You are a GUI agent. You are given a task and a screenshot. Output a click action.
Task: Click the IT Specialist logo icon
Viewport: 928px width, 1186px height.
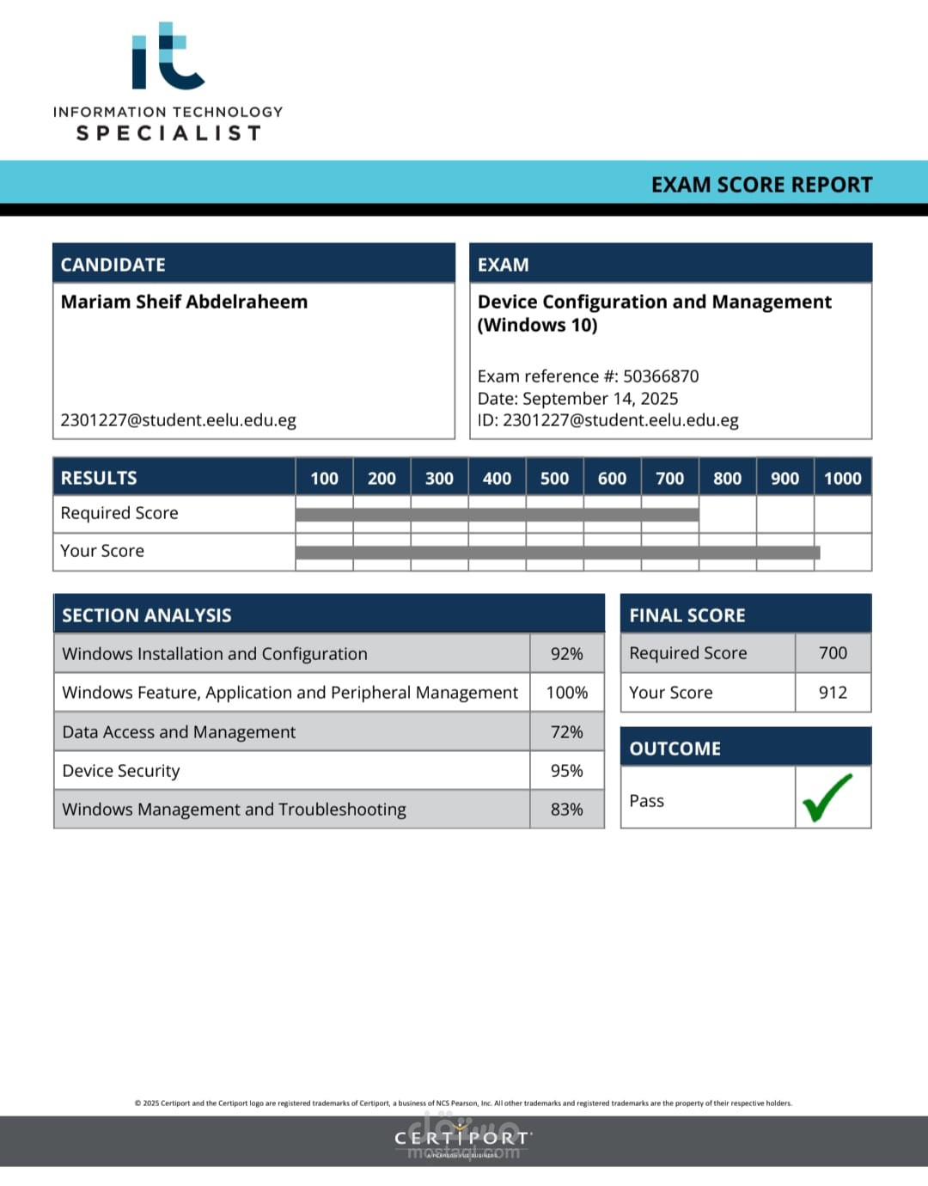pyautogui.click(x=168, y=57)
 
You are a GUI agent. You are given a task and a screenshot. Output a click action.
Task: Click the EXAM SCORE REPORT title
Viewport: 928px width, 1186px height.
pyautogui.click(x=761, y=185)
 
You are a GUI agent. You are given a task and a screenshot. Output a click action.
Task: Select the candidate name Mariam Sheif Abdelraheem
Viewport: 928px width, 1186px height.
pyautogui.click(x=184, y=302)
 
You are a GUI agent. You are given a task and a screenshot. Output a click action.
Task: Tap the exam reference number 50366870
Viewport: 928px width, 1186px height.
pyautogui.click(x=661, y=376)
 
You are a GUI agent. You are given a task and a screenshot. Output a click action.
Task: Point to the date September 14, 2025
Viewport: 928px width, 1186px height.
pyautogui.click(x=600, y=399)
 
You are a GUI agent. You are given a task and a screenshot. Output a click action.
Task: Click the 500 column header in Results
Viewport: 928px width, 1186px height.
pyautogui.click(x=554, y=479)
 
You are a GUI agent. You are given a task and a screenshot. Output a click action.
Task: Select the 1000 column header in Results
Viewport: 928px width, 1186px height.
pyautogui.click(x=842, y=479)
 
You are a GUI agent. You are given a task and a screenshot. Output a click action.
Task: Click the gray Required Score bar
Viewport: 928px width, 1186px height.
pyautogui.click(x=497, y=515)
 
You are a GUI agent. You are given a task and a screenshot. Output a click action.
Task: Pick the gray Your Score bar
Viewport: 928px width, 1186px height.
pyautogui.click(x=557, y=553)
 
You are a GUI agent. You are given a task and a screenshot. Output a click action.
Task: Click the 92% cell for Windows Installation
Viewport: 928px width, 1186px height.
pyautogui.click(x=566, y=654)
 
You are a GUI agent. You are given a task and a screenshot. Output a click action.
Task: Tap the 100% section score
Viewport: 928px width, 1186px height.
pyautogui.click(x=566, y=693)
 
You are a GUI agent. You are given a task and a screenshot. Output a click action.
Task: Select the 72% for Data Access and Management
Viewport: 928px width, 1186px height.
pyautogui.click(x=566, y=732)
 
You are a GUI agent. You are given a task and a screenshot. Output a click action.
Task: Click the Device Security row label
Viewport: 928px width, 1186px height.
pyautogui.click(x=121, y=771)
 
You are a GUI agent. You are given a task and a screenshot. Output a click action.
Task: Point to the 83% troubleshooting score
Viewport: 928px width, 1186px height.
pyautogui.click(x=566, y=810)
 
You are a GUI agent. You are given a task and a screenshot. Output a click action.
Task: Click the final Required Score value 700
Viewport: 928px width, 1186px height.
pyautogui.click(x=833, y=653)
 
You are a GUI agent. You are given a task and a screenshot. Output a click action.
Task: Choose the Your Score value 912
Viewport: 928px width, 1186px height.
pyautogui.click(x=833, y=693)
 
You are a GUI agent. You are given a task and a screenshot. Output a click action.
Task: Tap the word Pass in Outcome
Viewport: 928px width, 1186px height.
pyautogui.click(x=646, y=801)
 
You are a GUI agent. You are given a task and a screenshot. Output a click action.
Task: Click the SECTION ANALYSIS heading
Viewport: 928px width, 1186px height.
pyautogui.click(x=147, y=615)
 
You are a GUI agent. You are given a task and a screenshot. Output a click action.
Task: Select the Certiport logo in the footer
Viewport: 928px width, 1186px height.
pyautogui.click(x=462, y=1139)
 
